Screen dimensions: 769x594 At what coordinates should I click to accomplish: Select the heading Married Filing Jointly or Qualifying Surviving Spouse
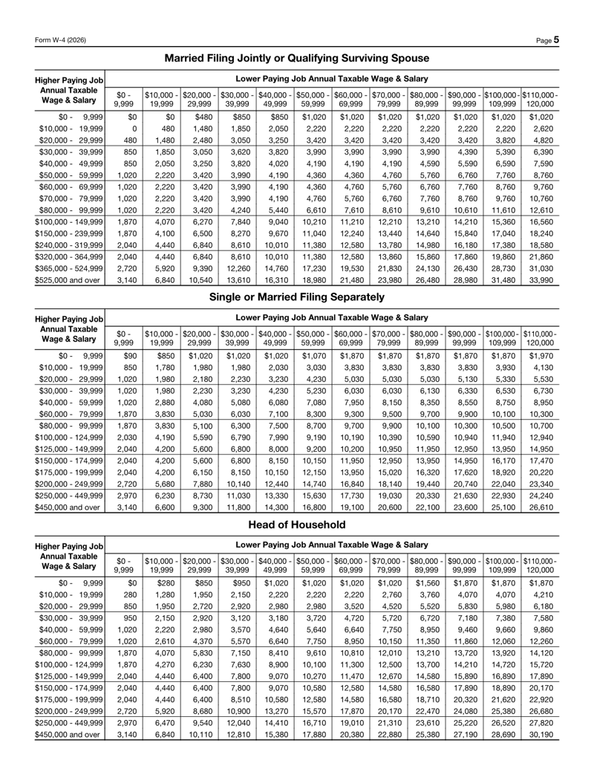tap(296, 57)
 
